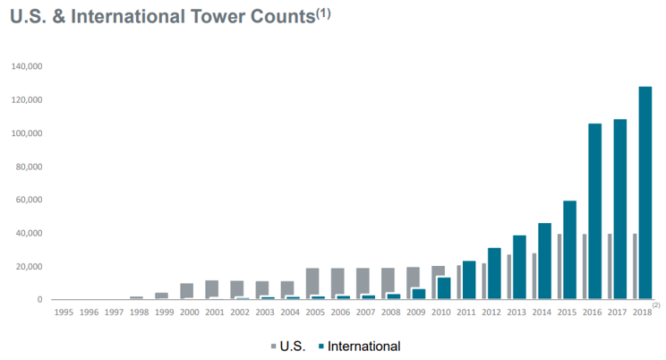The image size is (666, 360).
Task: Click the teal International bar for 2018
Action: pyautogui.click(x=645, y=193)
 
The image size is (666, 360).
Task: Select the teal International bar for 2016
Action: pyautogui.click(x=594, y=211)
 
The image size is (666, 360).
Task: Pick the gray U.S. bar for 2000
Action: pyautogui.click(x=186, y=291)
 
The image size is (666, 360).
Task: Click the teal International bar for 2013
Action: pyautogui.click(x=519, y=267)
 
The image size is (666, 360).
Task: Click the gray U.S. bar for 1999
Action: pyautogui.click(x=161, y=296)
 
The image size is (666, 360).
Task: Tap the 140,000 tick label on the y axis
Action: pyautogui.click(x=28, y=67)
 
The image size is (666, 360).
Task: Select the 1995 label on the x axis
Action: pyautogui.click(x=64, y=313)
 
